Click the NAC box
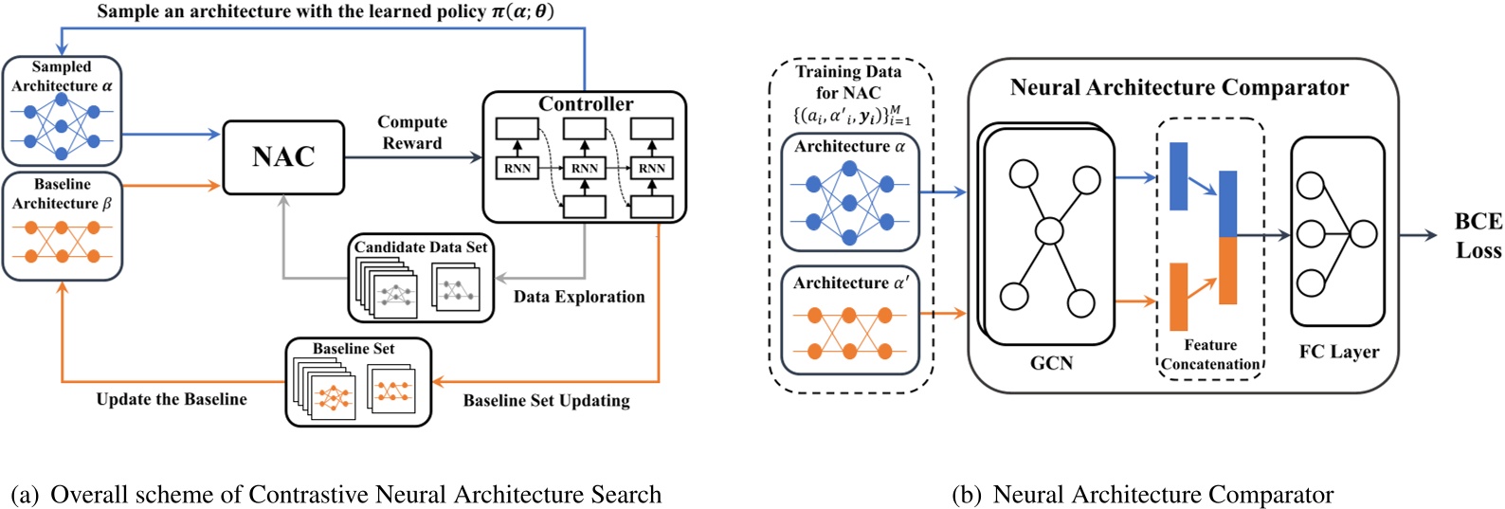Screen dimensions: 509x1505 click(x=283, y=157)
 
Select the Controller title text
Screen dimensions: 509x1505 click(x=586, y=104)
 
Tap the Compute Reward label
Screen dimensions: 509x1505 click(x=412, y=133)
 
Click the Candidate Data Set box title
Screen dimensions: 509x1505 click(x=421, y=247)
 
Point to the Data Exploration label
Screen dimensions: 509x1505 click(x=579, y=297)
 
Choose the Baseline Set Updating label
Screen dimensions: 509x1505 click(x=546, y=400)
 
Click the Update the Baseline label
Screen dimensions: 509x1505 click(x=172, y=399)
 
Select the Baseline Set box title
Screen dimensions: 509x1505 click(x=354, y=349)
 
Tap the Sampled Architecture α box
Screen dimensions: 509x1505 click(x=63, y=111)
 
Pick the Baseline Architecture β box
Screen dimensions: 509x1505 click(x=63, y=226)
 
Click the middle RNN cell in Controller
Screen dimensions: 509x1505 click(x=585, y=169)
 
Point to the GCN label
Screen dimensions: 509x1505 click(x=1051, y=363)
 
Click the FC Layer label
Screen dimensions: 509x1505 click(x=1338, y=352)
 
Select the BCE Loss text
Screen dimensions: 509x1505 click(x=1478, y=235)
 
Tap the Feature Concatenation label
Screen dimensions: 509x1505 click(x=1210, y=354)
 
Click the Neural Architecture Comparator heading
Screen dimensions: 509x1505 click(x=1179, y=88)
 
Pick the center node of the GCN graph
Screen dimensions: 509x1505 click(x=1049, y=230)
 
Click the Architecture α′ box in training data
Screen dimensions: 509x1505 click(x=850, y=320)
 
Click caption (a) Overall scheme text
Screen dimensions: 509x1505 click(x=336, y=495)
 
